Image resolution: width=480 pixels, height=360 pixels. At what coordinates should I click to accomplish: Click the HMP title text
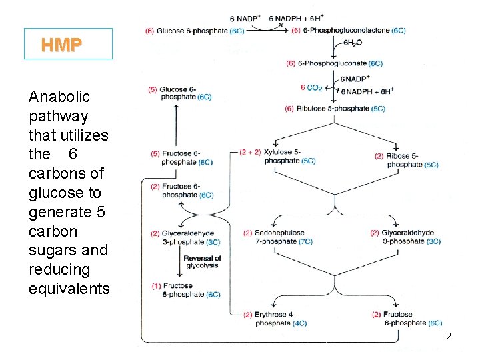click(x=61, y=45)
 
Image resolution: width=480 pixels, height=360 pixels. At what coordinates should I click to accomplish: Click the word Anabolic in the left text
click(x=59, y=97)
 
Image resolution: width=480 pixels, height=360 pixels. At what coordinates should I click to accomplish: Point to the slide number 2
click(x=449, y=337)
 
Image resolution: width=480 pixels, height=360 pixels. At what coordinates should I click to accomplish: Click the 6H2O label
click(x=353, y=42)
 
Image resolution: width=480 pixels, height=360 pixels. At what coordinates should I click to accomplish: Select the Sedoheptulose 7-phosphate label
click(x=278, y=237)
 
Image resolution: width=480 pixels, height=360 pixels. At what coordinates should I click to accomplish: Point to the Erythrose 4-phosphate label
click(x=275, y=319)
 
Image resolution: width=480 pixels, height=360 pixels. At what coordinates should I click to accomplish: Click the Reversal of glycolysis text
click(x=202, y=262)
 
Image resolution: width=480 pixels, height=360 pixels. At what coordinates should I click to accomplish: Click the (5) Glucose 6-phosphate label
click(x=181, y=93)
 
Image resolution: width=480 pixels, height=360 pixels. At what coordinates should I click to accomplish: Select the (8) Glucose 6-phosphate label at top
click(x=195, y=31)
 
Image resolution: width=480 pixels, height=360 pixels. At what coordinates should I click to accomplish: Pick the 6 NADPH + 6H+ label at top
click(x=296, y=18)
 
